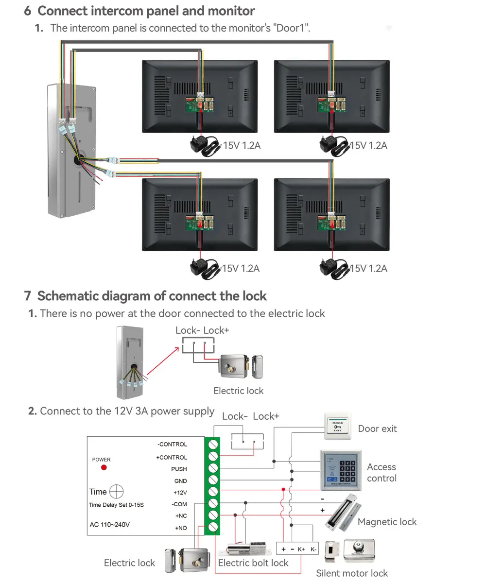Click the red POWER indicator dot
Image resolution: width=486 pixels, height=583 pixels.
click(x=104, y=467)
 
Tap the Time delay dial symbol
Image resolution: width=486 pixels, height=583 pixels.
click(x=117, y=492)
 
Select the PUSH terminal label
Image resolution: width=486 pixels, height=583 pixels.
click(x=178, y=469)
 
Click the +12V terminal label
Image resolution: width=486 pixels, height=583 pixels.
click(x=180, y=493)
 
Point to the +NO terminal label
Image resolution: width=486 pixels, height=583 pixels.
click(x=181, y=528)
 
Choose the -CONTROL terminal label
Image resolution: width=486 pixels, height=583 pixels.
click(x=172, y=445)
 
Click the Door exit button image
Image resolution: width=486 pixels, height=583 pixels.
click(x=337, y=427)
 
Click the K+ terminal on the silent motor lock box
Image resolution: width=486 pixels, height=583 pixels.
click(x=301, y=549)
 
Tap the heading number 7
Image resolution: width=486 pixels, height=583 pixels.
click(x=28, y=296)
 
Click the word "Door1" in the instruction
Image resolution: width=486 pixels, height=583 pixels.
click(x=292, y=28)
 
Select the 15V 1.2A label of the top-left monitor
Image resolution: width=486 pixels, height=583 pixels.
click(x=242, y=145)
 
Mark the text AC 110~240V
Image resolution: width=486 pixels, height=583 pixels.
click(x=110, y=525)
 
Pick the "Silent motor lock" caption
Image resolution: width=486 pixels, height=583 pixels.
click(x=352, y=573)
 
